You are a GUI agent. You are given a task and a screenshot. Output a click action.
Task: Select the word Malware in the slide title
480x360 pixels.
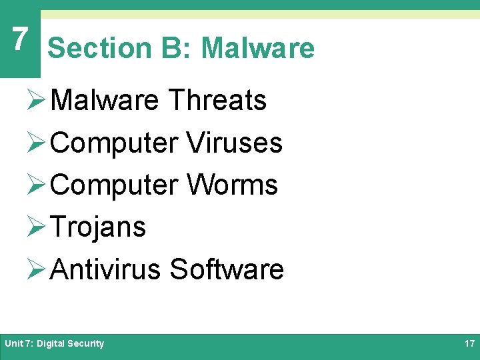click(x=257, y=48)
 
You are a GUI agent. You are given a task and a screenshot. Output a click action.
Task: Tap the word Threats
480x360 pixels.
click(x=217, y=101)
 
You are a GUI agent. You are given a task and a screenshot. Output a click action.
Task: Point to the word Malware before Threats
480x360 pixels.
click(x=105, y=101)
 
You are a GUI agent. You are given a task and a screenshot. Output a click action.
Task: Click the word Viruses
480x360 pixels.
click(x=235, y=143)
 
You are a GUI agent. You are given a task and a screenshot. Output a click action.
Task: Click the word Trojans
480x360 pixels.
click(x=98, y=227)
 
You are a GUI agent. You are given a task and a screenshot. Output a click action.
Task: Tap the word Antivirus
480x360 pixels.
click(x=105, y=269)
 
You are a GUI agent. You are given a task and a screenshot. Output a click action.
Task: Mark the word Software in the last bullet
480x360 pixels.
click(x=227, y=269)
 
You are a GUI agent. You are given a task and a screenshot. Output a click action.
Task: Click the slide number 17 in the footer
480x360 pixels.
click(x=469, y=344)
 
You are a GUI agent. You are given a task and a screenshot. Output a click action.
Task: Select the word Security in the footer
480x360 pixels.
click(x=86, y=344)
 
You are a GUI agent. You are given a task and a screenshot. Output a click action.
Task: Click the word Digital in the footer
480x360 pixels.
click(x=51, y=344)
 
